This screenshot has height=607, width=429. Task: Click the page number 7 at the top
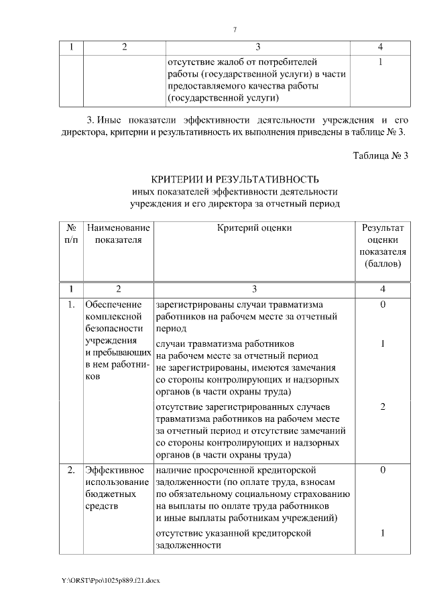pos(235,30)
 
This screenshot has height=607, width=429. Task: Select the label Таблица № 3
pos(380,156)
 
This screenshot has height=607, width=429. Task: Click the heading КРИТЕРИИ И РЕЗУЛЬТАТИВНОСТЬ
pos(234,179)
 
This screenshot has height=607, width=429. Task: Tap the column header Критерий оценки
pos(254,228)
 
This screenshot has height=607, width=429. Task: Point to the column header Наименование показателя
pos(118,234)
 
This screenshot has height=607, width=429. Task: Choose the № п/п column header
pos(71,234)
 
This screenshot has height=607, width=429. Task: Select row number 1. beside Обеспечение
pos(71,305)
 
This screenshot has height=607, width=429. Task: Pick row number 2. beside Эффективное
pos(71,470)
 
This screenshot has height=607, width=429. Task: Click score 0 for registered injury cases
pos(382,305)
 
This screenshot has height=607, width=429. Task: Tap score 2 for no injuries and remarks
pos(382,407)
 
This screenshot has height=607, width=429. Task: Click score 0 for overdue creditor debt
pos(382,470)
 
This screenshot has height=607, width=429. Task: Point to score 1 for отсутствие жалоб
pos(380,62)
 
